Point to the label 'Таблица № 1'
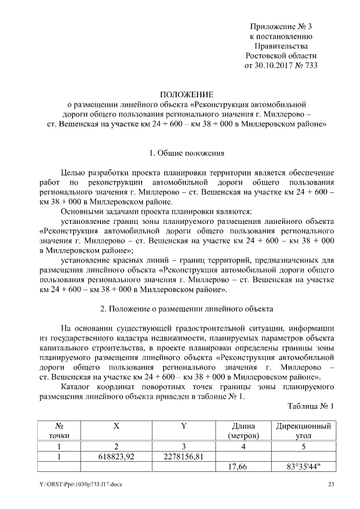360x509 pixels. point(310,406)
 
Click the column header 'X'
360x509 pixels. point(116,426)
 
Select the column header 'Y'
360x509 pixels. point(183,426)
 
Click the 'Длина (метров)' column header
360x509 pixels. point(243,431)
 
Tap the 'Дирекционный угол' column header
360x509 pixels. point(303,431)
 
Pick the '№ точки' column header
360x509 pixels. point(59,431)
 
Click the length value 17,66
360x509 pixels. point(243,466)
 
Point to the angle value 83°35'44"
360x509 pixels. point(303,466)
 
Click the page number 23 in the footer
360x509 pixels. point(331,484)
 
